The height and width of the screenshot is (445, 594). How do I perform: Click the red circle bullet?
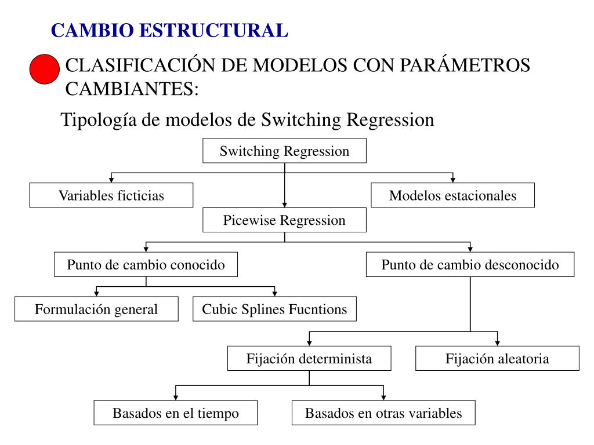click(45, 70)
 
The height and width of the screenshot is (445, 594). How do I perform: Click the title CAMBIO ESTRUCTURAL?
click(169, 30)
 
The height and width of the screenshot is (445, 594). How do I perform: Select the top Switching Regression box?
click(284, 151)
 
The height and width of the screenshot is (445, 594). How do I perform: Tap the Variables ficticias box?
click(111, 195)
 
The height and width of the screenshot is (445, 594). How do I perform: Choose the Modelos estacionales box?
click(452, 195)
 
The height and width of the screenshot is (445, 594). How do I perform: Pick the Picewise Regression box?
click(284, 220)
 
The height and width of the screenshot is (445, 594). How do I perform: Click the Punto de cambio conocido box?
click(146, 265)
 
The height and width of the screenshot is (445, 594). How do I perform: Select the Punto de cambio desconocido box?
click(470, 265)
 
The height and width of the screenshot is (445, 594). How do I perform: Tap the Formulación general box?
click(96, 309)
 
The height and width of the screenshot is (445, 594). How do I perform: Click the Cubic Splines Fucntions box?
click(274, 309)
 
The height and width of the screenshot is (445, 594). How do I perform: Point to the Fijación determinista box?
click(309, 358)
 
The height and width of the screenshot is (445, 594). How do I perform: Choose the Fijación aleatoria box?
click(497, 358)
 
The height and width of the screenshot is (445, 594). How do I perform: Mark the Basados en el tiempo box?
click(176, 413)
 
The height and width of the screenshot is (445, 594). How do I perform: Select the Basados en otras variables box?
click(383, 413)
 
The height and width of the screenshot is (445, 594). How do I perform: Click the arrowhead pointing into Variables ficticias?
click(111, 180)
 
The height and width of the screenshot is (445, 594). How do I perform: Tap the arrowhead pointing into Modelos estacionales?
click(453, 180)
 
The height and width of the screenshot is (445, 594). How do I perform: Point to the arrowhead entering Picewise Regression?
click(284, 205)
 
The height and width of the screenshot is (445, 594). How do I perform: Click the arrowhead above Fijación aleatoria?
click(497, 342)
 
